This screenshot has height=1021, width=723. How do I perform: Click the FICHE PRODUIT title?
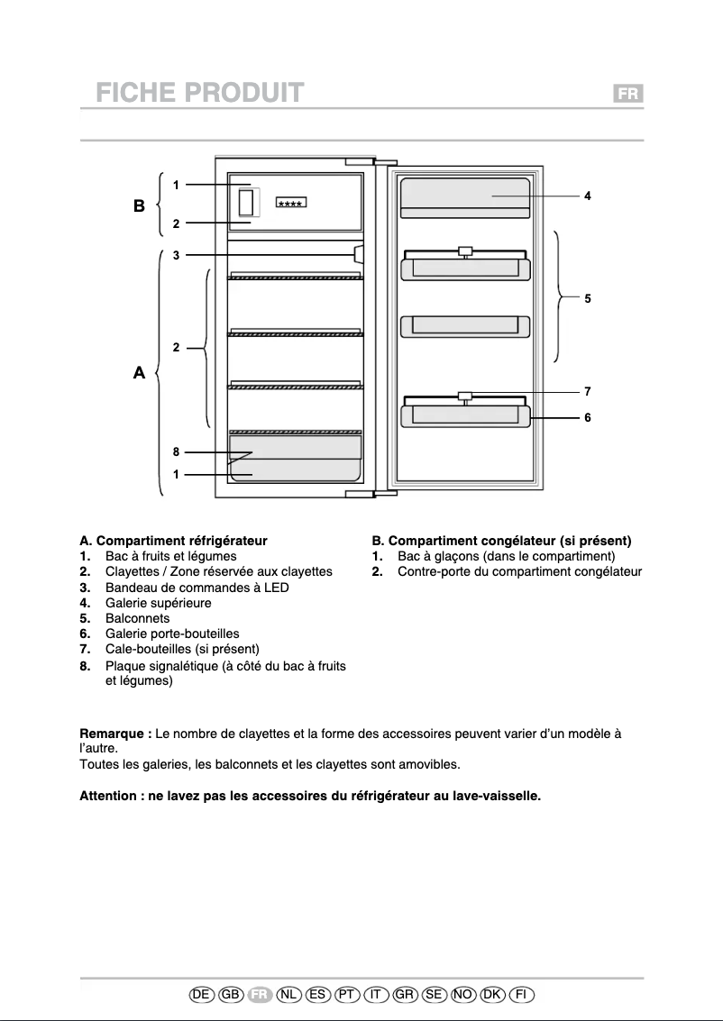199,93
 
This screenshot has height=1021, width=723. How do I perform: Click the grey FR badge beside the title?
627,94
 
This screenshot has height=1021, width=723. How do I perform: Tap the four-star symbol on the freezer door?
290,203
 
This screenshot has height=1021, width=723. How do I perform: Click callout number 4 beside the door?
587,196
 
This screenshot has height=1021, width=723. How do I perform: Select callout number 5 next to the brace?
587,297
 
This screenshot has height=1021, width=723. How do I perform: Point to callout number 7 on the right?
587,391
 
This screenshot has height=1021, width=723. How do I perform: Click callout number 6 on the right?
587,418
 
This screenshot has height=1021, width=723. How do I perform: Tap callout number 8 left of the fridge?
177,452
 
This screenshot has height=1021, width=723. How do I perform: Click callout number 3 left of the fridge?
177,255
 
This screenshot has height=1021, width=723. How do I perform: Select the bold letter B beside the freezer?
139,206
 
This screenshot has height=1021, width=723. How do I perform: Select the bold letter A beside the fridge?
139,371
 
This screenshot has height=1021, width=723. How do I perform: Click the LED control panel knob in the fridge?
359,254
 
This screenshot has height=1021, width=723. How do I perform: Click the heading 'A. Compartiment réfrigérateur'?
174,541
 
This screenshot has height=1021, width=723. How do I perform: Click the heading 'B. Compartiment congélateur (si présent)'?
501,541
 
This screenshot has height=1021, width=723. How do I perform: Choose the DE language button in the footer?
202,994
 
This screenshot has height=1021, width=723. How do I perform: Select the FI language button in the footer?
521,994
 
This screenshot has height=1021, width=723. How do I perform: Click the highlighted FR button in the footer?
260,994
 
